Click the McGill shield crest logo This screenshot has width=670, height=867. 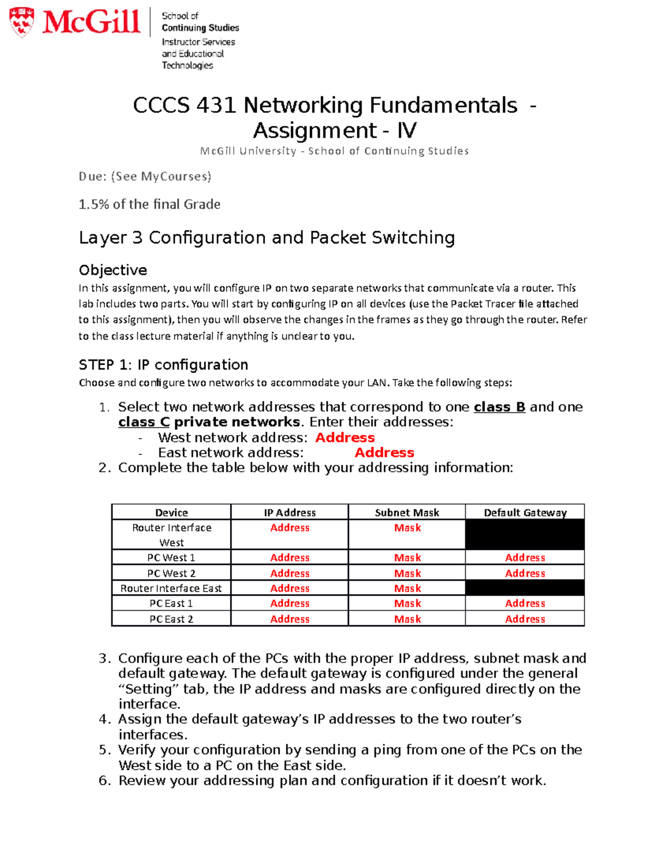coord(22,22)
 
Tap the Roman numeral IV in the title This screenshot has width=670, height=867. coord(406,131)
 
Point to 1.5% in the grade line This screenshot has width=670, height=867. coord(94,204)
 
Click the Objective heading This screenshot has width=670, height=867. coord(113,270)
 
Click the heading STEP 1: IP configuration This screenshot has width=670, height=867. coord(163,365)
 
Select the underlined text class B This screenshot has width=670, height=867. coord(499,407)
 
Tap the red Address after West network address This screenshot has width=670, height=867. coord(344,438)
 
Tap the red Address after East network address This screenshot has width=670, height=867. coord(384,453)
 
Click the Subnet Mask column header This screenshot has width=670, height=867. coord(406,512)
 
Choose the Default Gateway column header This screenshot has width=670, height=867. coord(525,512)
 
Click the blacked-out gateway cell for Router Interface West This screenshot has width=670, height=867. coord(525,535)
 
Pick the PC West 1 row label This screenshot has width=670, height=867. coord(171,558)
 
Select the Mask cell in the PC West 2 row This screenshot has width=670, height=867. coord(407,573)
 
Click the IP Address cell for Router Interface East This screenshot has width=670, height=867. coord(289,588)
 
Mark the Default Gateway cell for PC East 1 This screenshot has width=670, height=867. coord(525,603)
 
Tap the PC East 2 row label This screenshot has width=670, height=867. coord(171,619)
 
